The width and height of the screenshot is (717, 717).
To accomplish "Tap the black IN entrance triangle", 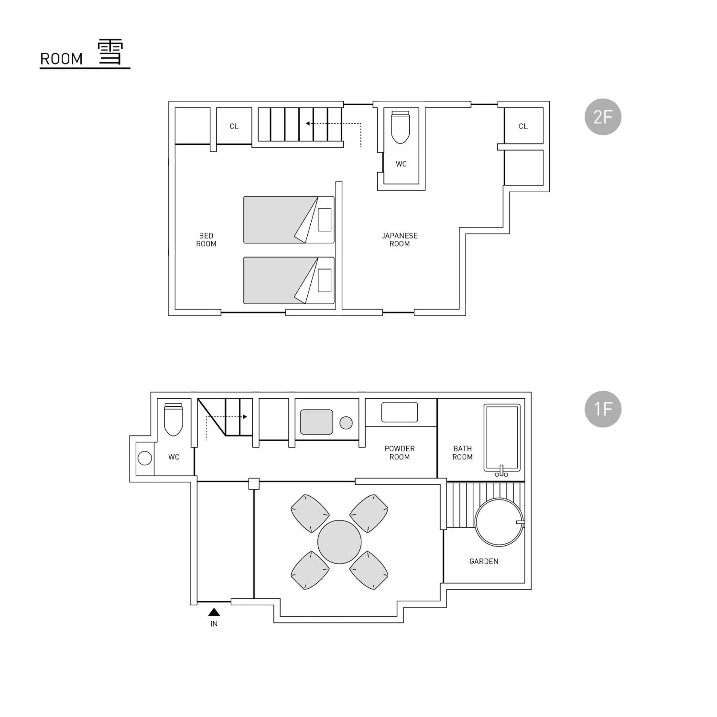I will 214,612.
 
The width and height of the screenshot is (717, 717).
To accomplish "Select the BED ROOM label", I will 206,240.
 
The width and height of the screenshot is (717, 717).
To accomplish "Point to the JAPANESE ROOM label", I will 399,240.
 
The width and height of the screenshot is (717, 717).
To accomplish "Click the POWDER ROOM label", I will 399,453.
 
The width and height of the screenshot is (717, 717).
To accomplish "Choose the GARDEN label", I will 483,562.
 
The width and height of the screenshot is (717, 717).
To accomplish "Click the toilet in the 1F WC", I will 173,419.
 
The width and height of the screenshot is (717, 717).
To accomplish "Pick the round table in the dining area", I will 339,542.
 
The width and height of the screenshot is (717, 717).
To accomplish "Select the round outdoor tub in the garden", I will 499,522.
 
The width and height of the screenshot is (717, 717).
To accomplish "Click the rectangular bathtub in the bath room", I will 502,437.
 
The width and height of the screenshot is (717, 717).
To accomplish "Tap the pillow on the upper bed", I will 324,220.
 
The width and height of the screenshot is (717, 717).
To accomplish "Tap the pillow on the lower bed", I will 324,280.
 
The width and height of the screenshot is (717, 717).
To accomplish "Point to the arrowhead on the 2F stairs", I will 308,123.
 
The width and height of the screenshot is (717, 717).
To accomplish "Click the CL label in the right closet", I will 523,126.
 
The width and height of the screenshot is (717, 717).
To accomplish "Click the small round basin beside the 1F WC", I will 145,458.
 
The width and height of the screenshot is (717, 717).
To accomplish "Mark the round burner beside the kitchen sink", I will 346,423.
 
